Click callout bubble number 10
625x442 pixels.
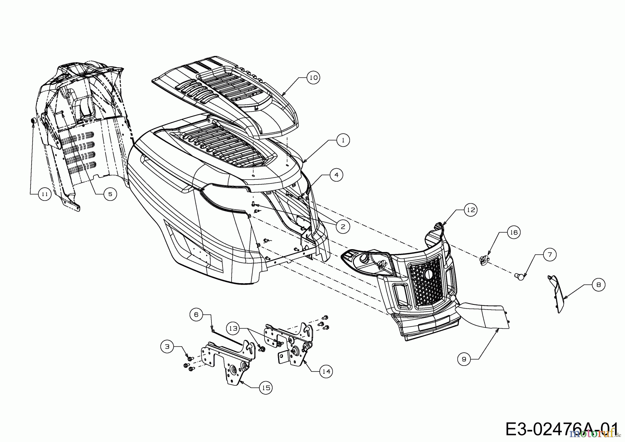point(313,77)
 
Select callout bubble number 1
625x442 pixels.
point(343,140)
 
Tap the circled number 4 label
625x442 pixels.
point(336,175)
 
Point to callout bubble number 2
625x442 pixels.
point(343,227)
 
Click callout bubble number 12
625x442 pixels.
point(471,210)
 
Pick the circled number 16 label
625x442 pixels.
point(514,232)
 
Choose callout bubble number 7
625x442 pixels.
point(549,255)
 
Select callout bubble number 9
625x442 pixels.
point(464,359)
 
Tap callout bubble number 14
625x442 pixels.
point(326,371)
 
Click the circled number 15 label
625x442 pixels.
point(266,387)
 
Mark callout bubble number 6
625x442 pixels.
point(196,314)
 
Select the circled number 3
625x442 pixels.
point(167,346)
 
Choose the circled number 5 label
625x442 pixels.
point(110,194)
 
